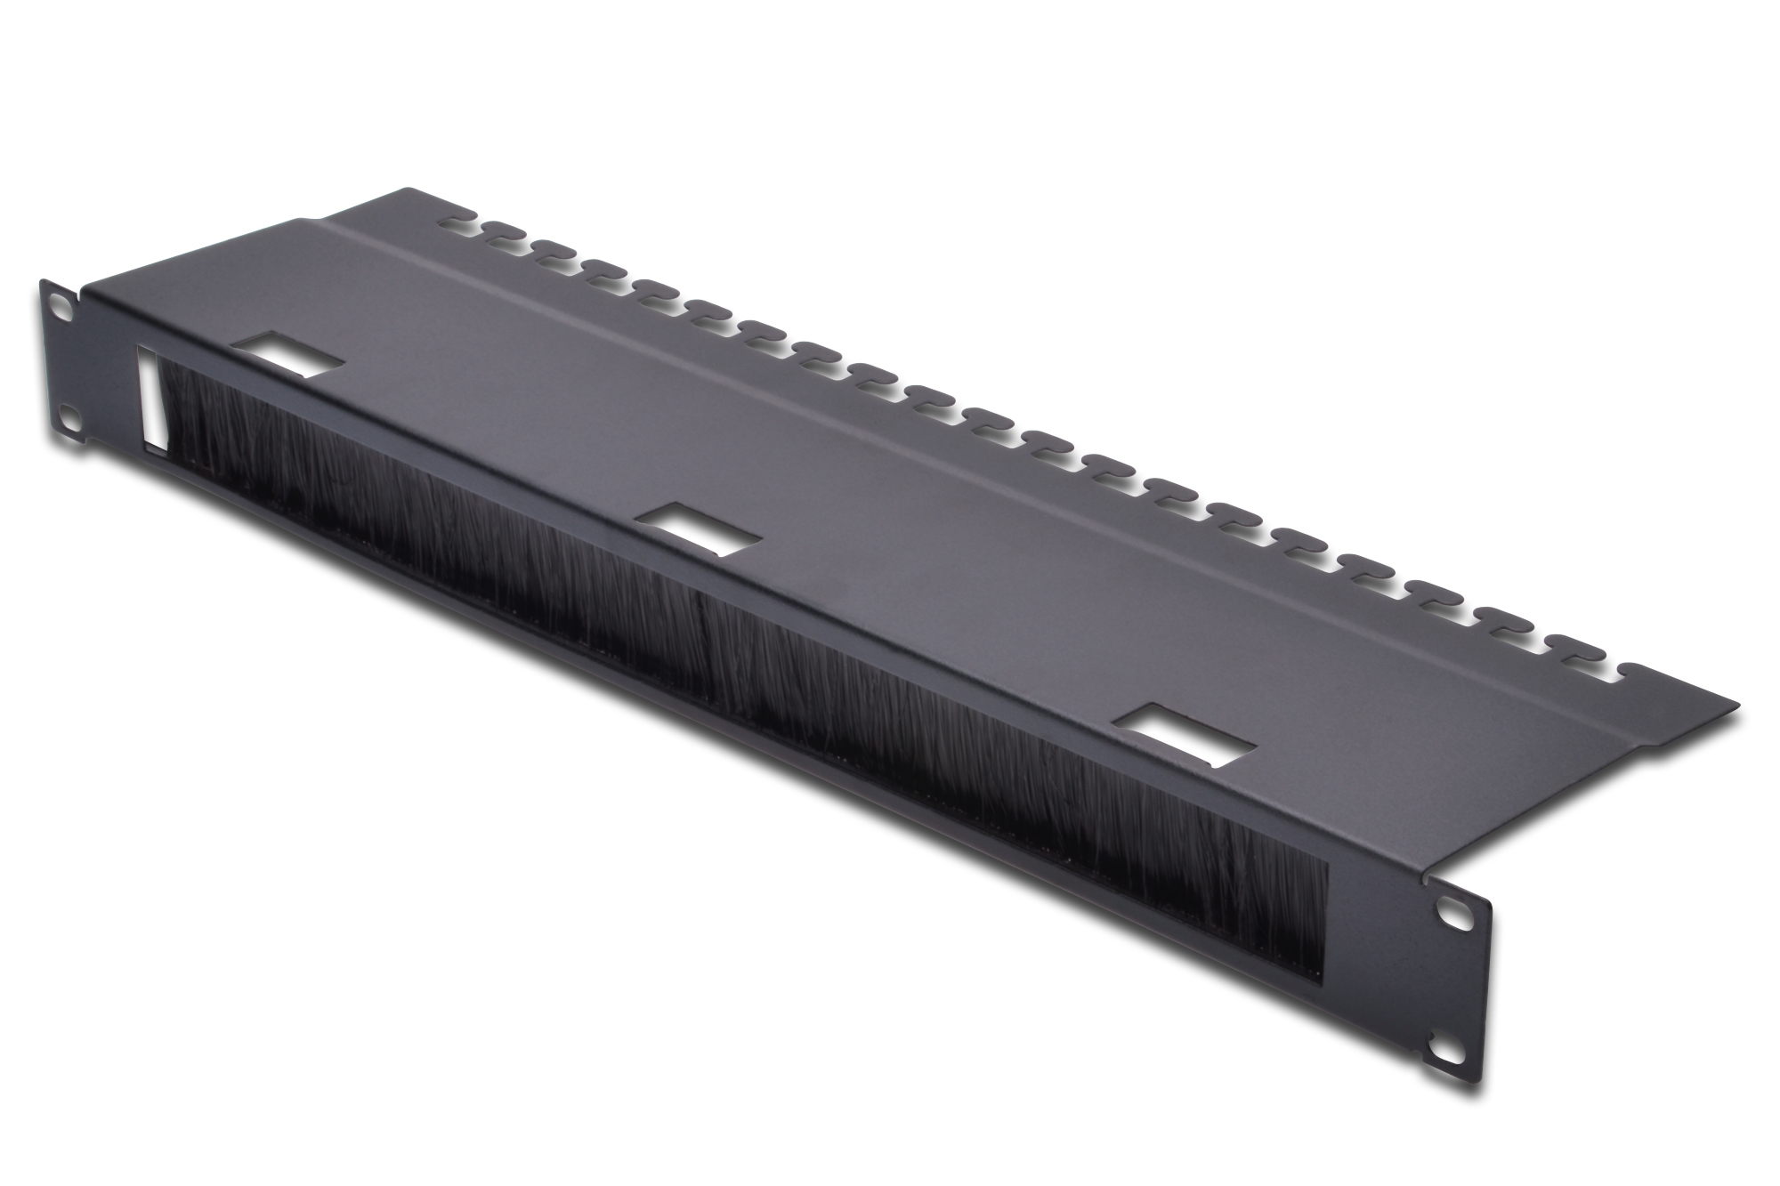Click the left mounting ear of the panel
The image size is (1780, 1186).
pyautogui.click(x=61, y=356)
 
